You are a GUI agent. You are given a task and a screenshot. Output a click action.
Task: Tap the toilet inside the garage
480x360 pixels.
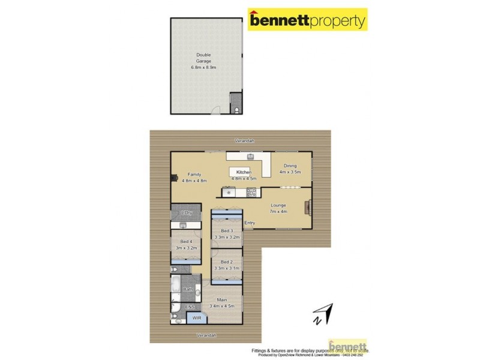coord(238,109)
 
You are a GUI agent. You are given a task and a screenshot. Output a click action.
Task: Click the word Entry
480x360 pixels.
coord(250,223)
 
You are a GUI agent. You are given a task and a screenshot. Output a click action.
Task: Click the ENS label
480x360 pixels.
coord(190,308)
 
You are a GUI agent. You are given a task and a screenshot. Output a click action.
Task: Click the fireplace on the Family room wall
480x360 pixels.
coord(174,178)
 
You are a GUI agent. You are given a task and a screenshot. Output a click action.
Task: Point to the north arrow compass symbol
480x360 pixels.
coord(323,313)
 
